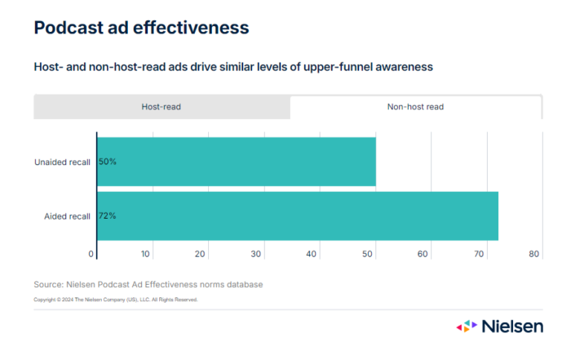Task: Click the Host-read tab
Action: (162, 107)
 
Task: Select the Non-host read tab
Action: (415, 107)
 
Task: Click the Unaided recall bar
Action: (236, 162)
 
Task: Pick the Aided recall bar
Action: (297, 216)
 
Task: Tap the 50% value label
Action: (108, 162)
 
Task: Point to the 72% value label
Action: (108, 216)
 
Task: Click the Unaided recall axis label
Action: (62, 162)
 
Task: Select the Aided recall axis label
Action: (67, 216)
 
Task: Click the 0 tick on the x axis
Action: (91, 254)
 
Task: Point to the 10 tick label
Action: (145, 254)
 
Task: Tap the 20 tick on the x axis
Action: (201, 254)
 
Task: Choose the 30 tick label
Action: (256, 254)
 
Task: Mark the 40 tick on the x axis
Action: (312, 254)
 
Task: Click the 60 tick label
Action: (423, 254)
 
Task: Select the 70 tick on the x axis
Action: (478, 254)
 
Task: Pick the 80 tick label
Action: (534, 254)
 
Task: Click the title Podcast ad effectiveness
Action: (141, 28)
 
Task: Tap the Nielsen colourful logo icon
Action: (467, 327)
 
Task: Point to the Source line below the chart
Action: (148, 284)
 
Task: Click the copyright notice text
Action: (115, 300)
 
